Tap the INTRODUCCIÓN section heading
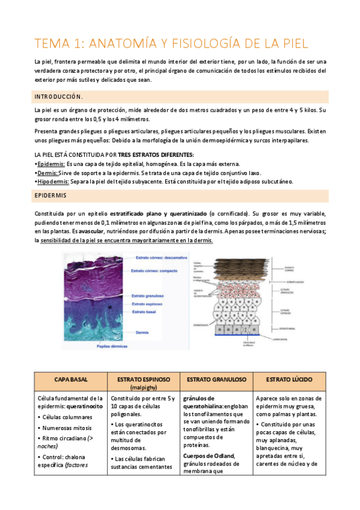click(59, 96)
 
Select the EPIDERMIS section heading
click(51, 196)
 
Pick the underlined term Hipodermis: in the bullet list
click(53, 181)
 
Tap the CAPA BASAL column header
click(70, 379)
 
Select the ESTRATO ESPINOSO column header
click(142, 379)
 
